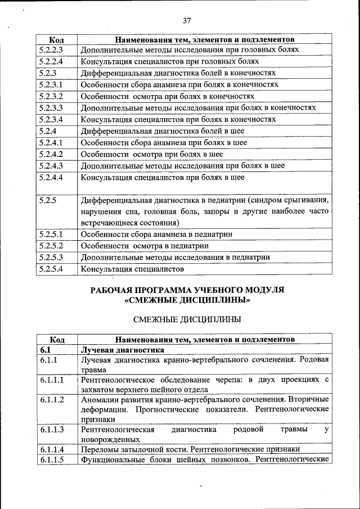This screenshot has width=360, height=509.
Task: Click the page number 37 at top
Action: (187, 21)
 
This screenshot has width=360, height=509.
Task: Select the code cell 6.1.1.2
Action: (52, 399)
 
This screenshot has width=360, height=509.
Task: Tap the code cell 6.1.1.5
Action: (52, 460)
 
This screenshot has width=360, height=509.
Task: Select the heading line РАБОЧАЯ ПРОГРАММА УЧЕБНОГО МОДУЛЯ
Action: (187, 290)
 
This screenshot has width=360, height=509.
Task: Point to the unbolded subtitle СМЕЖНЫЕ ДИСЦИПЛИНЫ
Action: (187, 319)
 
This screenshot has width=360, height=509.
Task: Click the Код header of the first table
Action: (56, 40)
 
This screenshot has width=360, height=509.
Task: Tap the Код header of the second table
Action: (56, 339)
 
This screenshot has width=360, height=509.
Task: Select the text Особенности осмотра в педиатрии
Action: (145, 246)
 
